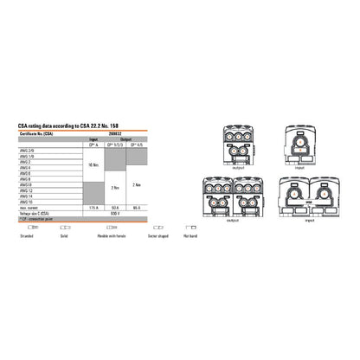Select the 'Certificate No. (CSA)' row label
coord(35,133)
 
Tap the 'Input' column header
coord(93,138)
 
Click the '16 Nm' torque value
coord(93,164)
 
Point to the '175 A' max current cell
coord(93,208)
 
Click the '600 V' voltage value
coord(115,214)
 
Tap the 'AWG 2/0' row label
coord(25,150)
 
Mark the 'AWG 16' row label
coord(25,202)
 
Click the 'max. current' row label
coord(27,208)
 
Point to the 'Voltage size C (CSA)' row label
coord(34,214)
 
